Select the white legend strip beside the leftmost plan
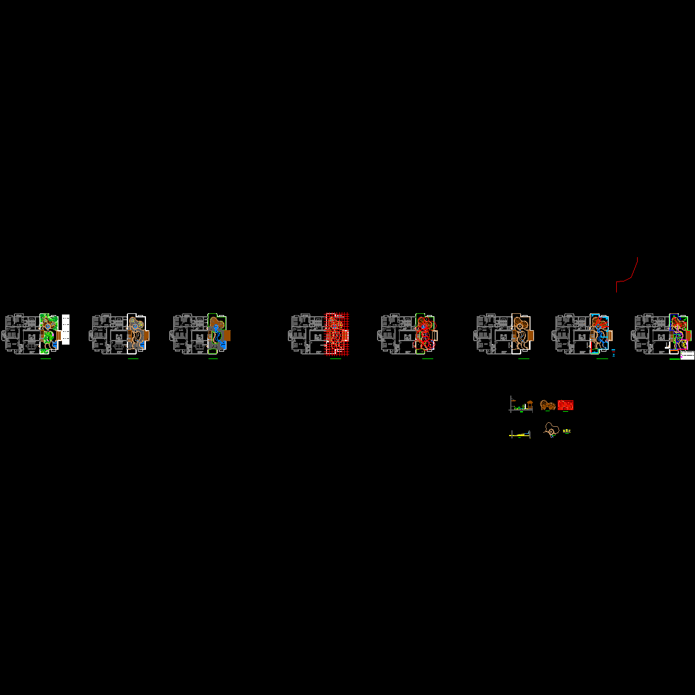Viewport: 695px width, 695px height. [x=65, y=329]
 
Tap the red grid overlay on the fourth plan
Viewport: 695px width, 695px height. [x=337, y=333]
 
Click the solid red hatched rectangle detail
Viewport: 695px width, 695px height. [x=566, y=405]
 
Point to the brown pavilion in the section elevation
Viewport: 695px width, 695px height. [x=529, y=403]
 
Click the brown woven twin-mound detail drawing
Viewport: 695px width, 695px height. [x=548, y=405]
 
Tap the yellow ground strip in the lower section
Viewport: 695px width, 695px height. [x=520, y=435]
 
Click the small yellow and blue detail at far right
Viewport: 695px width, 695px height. [x=567, y=431]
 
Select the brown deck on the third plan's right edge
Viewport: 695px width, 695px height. [x=227, y=335]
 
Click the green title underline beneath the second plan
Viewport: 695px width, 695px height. [x=133, y=359]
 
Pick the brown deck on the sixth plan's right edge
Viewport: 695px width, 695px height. [x=531, y=335]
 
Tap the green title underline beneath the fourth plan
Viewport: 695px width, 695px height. [x=335, y=359]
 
